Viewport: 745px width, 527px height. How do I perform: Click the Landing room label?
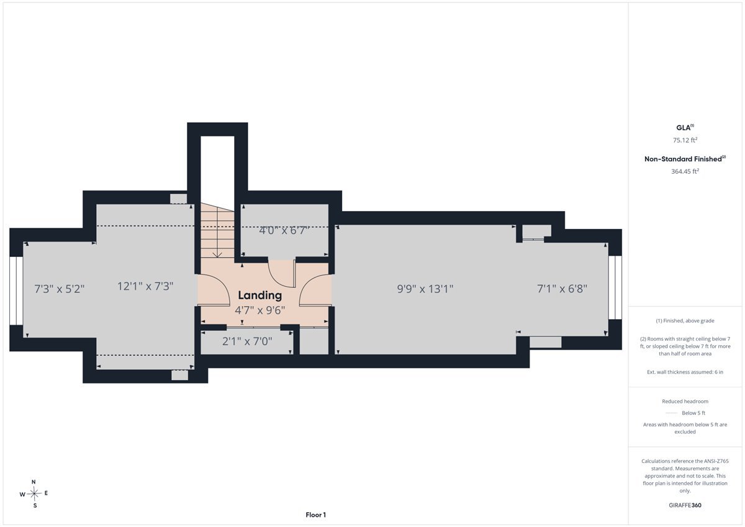coord(260,295)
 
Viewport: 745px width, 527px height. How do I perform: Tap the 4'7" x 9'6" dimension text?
coord(260,310)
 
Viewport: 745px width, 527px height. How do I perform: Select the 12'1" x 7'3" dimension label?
coord(145,286)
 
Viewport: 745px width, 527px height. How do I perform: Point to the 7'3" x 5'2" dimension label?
coord(60,289)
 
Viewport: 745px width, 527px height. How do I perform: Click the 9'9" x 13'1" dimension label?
coord(425,289)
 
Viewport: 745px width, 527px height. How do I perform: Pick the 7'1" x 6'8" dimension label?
coord(562,288)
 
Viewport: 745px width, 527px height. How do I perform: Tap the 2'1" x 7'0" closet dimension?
coord(247,341)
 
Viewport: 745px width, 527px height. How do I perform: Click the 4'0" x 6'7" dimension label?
coord(284,230)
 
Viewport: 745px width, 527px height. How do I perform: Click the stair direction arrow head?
coord(217,255)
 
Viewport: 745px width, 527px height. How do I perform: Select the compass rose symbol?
coord(34,493)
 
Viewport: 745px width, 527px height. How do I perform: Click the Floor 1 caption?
coord(315,515)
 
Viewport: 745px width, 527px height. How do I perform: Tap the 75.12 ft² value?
coord(685,140)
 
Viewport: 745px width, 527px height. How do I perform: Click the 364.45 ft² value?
coord(685,171)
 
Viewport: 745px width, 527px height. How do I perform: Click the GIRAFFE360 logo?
coord(685,505)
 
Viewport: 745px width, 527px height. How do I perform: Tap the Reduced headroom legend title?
coord(685,402)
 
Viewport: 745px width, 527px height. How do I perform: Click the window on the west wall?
coord(16,291)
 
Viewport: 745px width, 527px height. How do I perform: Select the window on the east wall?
coord(615,287)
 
